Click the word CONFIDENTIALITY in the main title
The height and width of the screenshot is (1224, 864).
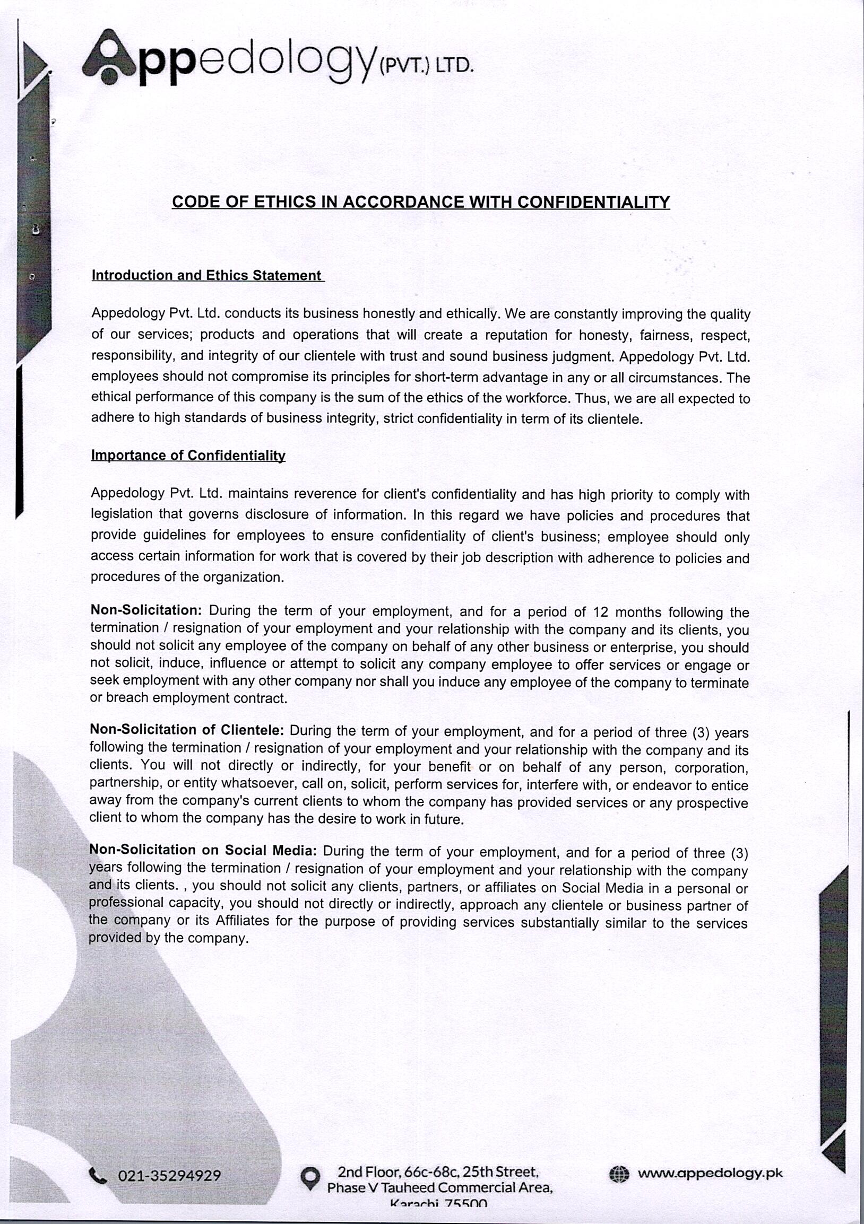tap(593, 202)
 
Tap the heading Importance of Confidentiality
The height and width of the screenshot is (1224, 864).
tap(188, 455)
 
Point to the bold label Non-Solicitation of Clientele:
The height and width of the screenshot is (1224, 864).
tap(187, 729)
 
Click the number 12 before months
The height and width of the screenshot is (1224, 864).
tap(601, 612)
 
